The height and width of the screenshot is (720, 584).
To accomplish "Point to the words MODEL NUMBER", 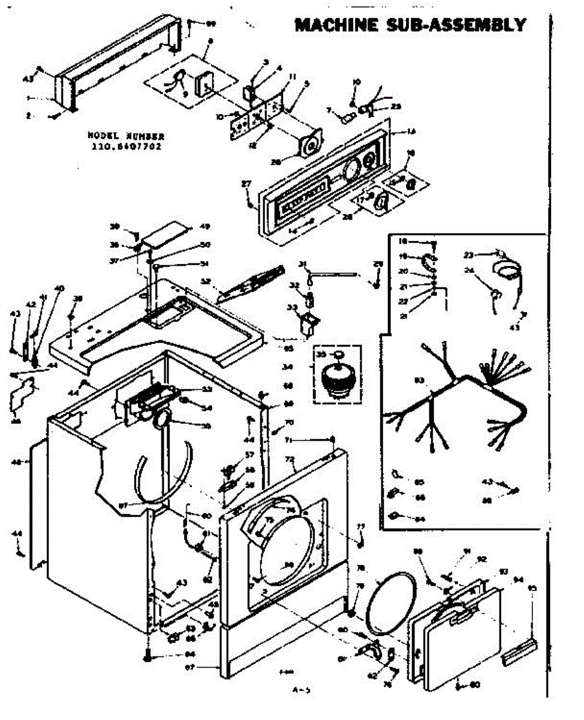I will tap(126, 136).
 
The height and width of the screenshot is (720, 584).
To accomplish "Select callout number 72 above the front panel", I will tap(290, 460).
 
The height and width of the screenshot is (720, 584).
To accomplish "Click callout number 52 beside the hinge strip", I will tap(206, 280).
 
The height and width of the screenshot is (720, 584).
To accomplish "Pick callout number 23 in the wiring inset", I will tap(468, 254).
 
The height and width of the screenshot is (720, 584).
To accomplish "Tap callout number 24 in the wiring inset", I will tap(469, 270).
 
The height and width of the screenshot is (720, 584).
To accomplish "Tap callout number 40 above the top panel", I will tap(59, 289).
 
